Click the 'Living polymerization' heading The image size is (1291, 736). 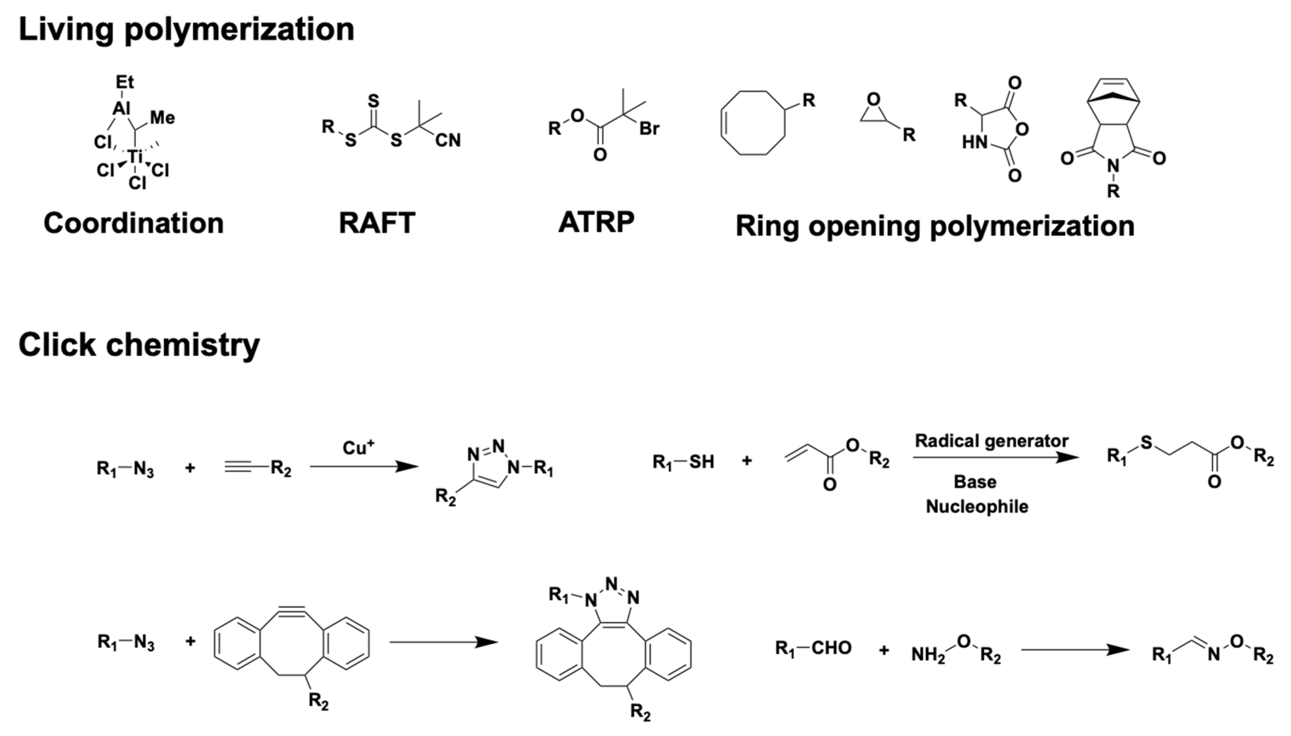click(186, 29)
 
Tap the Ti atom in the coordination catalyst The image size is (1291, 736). click(135, 157)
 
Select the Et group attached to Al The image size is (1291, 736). click(124, 82)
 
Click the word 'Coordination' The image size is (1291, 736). click(134, 224)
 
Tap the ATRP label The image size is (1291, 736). click(596, 222)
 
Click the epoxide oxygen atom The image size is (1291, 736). click(873, 99)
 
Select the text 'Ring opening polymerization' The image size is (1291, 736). click(934, 226)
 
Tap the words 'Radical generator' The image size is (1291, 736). click(991, 441)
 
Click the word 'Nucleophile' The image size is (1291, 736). click(977, 507)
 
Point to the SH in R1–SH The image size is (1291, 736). click(701, 461)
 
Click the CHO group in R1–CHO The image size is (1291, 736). click(831, 648)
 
